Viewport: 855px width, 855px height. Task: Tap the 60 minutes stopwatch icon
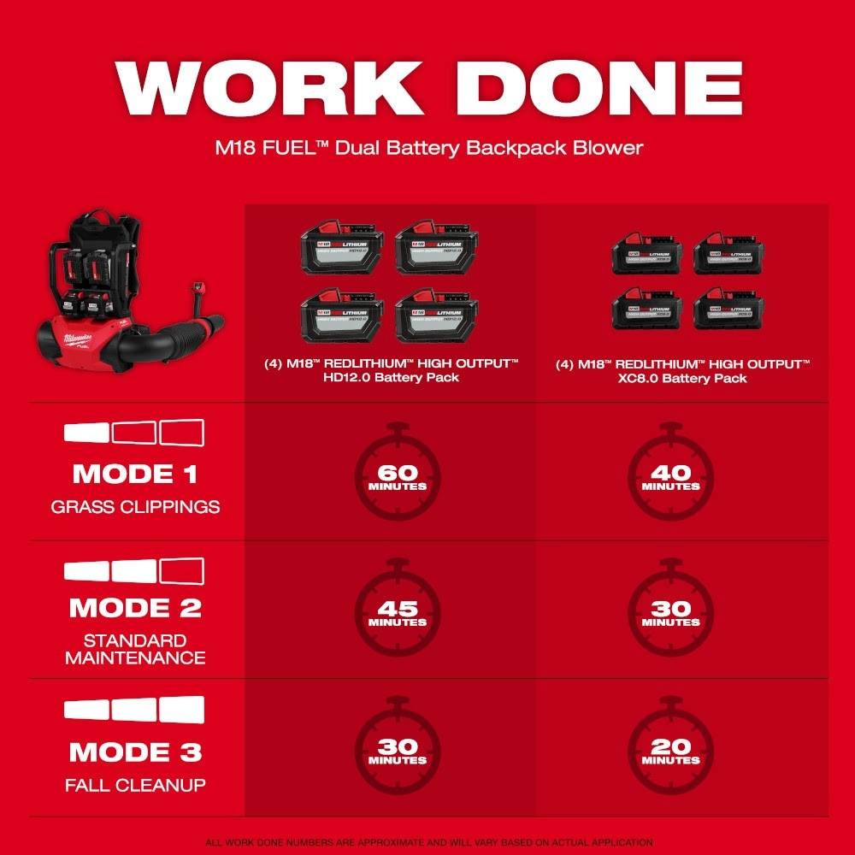[397, 476]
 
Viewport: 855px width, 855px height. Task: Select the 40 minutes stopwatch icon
[670, 476]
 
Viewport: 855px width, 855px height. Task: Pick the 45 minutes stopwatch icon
[397, 612]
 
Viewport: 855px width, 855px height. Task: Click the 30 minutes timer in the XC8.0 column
[670, 612]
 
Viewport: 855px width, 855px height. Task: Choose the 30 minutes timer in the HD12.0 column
[397, 750]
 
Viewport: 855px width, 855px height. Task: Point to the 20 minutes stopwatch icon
[670, 750]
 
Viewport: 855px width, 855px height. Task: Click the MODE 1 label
[135, 474]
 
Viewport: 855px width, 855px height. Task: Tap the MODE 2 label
[135, 608]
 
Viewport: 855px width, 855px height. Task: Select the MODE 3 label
[135, 752]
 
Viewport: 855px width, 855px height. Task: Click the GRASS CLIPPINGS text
[135, 507]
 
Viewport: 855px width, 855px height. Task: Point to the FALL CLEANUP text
[135, 785]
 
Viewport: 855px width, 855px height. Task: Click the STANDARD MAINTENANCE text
[135, 649]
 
